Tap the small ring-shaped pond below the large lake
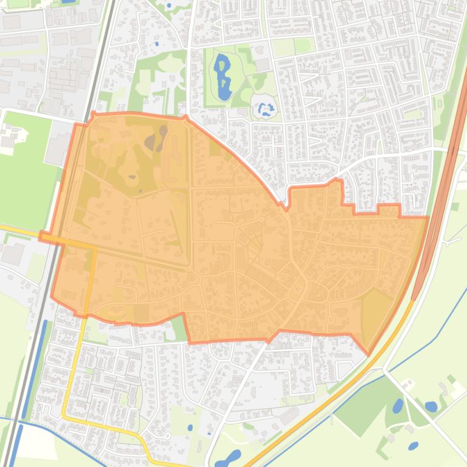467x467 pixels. tap(265, 110)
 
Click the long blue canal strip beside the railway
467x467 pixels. tap(35, 370)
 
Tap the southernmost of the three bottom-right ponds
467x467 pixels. tap(413, 446)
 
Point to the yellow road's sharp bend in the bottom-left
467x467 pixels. tap(64, 415)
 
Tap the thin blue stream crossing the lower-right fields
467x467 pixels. tap(425, 340)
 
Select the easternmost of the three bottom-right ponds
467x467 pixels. tap(431, 406)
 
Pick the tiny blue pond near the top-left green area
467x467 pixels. tap(156, 44)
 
